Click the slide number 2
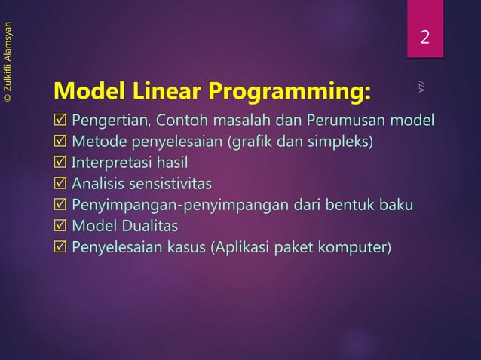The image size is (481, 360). tap(425, 37)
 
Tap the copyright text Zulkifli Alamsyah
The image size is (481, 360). tap(8, 62)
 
